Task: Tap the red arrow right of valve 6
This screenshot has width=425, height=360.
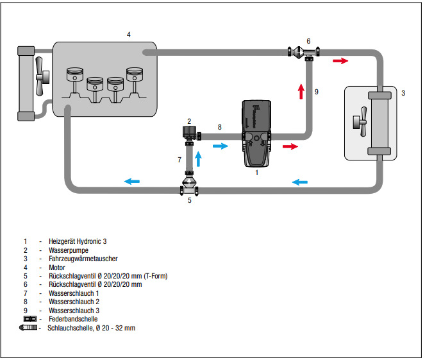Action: coord(341,61)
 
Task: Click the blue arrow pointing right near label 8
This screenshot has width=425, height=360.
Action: coord(220,146)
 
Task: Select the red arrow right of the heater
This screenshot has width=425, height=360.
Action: coord(290,146)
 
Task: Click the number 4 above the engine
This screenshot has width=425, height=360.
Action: coord(129,34)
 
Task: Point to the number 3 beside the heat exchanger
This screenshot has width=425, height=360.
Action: coord(403,93)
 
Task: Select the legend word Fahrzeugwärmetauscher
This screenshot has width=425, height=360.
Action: coord(82,258)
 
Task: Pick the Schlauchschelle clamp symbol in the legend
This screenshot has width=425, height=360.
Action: coord(29,328)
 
